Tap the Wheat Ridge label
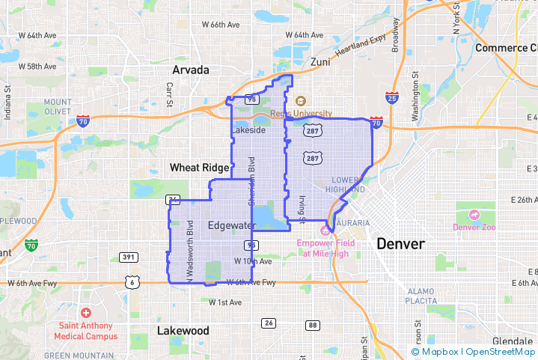(x=199, y=168)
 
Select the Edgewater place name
(x=232, y=225)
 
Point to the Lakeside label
(x=248, y=130)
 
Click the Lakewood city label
(x=183, y=330)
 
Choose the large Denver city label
(x=400, y=244)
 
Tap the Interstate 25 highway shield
(x=392, y=97)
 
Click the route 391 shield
(x=129, y=257)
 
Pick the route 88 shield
(x=313, y=325)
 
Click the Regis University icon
(x=300, y=101)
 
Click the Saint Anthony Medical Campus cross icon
(x=86, y=314)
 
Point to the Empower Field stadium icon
(x=325, y=229)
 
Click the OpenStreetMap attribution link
(x=501, y=352)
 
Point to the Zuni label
(x=320, y=62)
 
